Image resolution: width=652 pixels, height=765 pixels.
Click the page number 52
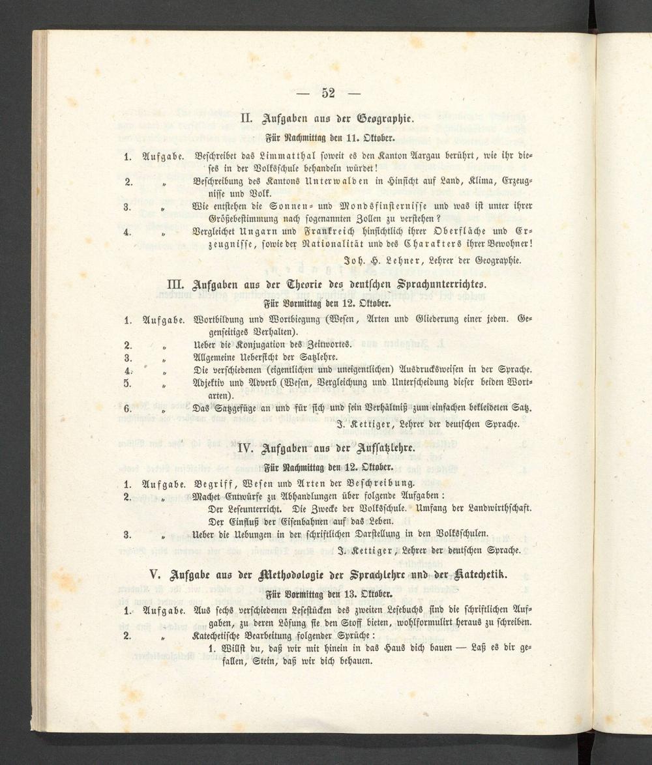[328, 93]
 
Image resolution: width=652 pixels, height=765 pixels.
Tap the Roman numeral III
[177, 285]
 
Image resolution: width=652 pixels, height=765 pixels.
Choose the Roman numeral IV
[246, 449]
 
